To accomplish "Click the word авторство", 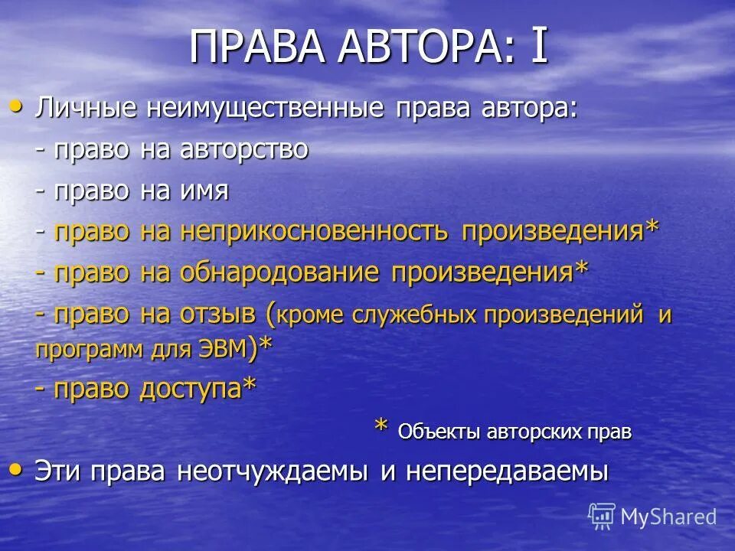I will [244, 149].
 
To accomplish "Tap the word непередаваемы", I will [506, 471].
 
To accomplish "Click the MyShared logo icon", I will [602, 517].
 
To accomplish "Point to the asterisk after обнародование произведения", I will [582, 269].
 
